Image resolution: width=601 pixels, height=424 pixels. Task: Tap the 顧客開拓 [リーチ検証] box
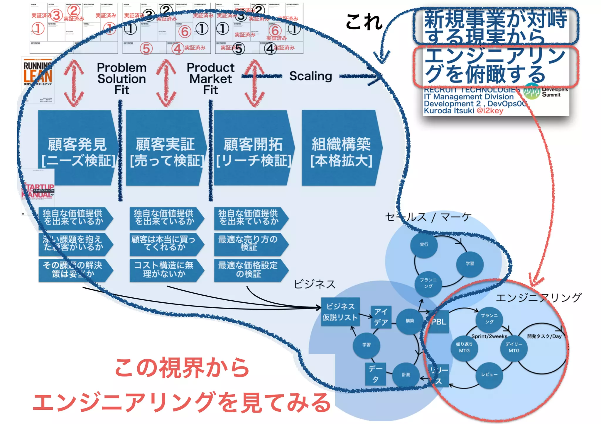pyautogui.click(x=253, y=148)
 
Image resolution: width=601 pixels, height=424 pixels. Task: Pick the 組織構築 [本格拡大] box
pyautogui.click(x=341, y=148)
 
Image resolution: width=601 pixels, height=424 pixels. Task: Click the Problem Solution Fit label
pyautogui.click(x=122, y=79)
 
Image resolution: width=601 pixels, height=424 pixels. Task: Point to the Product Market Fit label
pyautogui.click(x=211, y=79)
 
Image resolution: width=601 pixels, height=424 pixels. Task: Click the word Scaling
pyautogui.click(x=310, y=76)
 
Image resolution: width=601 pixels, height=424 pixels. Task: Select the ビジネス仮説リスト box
pyautogui.click(x=340, y=312)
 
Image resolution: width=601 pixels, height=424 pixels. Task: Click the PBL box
pyautogui.click(x=439, y=321)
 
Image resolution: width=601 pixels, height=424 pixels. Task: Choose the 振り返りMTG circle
pyautogui.click(x=464, y=348)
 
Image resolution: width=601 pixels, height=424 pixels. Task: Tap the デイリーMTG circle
pyautogui.click(x=514, y=348)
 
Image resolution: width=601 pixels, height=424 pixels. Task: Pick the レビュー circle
pyautogui.click(x=489, y=374)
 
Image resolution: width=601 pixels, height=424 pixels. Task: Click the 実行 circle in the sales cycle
pyautogui.click(x=424, y=244)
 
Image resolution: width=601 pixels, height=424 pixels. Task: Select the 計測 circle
pyautogui.click(x=406, y=375)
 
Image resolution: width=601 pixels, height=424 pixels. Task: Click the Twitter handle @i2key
pyautogui.click(x=490, y=111)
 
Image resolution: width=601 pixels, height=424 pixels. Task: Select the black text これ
pyautogui.click(x=364, y=22)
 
